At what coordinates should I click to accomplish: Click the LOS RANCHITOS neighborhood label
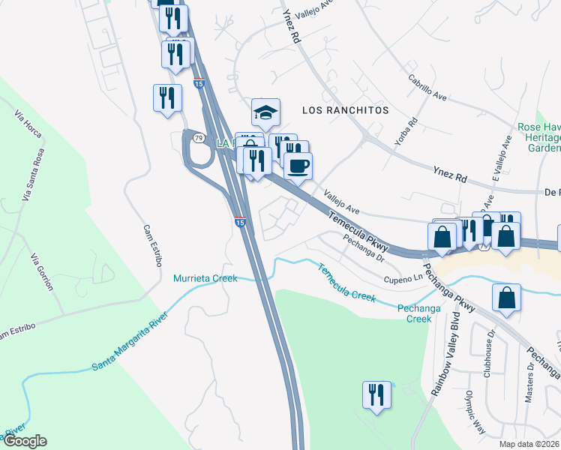[345, 109]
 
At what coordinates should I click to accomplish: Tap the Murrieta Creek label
[205, 278]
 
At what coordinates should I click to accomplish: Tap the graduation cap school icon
[265, 113]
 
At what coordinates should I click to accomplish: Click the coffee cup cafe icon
[298, 166]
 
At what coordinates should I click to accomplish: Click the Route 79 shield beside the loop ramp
[198, 138]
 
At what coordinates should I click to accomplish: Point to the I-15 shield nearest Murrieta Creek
[239, 222]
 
